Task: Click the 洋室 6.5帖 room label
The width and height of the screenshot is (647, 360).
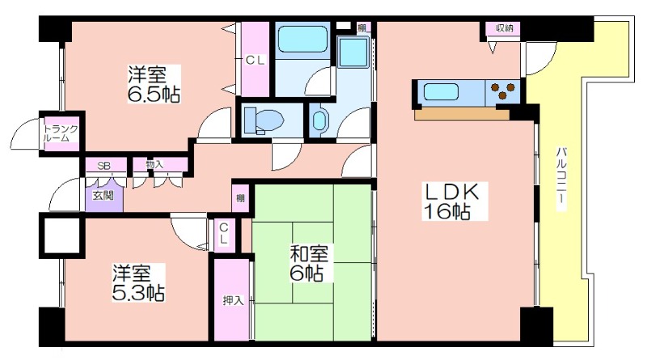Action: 154,84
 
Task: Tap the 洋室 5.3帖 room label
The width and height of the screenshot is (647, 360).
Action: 138,282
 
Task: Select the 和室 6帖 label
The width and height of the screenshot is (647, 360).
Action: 308,263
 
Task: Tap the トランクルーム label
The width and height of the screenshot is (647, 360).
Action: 61,133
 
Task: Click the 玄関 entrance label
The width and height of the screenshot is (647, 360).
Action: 103,195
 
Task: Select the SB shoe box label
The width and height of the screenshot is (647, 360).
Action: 104,166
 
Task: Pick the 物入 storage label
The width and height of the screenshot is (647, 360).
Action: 154,164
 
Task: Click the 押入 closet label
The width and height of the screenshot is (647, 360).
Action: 233,301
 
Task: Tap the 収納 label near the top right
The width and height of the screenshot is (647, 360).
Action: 504,28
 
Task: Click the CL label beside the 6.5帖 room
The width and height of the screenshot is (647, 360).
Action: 255,61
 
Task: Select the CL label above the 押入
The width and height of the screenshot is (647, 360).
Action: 223,233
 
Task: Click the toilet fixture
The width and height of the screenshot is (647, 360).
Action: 264,121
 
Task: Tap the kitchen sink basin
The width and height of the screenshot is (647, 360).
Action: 441,91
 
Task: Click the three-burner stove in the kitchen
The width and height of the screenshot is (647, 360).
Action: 501,91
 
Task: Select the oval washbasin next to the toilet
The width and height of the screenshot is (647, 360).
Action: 319,121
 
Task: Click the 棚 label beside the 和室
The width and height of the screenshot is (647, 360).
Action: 240,198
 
